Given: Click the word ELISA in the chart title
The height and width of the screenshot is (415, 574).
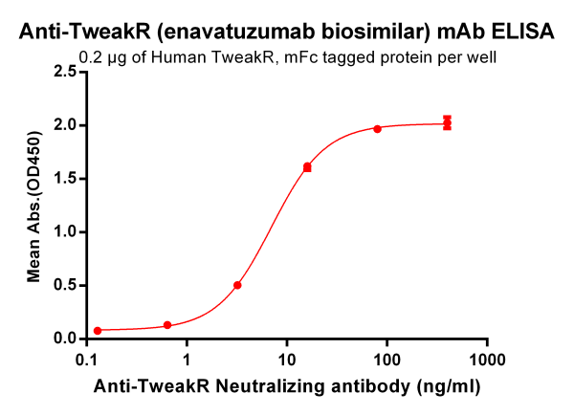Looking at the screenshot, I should [x=520, y=32].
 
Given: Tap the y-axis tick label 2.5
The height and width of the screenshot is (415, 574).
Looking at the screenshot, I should [x=65, y=72].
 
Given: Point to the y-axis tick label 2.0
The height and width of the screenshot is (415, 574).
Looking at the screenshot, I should [x=65, y=125].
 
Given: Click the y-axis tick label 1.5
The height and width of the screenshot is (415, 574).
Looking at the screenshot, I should [x=65, y=178].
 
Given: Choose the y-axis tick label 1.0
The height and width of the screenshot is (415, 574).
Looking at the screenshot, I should [x=65, y=231].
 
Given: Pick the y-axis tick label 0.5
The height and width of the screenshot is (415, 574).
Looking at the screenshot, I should [x=65, y=285].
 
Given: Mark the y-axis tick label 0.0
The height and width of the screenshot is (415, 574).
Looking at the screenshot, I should [x=65, y=339].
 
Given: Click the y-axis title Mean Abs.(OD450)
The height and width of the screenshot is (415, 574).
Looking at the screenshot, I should [x=34, y=205].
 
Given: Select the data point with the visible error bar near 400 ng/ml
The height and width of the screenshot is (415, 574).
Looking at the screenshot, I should [x=447, y=122].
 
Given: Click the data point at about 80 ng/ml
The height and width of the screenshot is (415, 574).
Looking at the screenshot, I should [x=377, y=128].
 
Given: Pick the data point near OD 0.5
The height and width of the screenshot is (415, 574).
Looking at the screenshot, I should [x=237, y=285].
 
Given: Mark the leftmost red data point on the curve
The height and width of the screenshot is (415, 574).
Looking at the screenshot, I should [x=98, y=330].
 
